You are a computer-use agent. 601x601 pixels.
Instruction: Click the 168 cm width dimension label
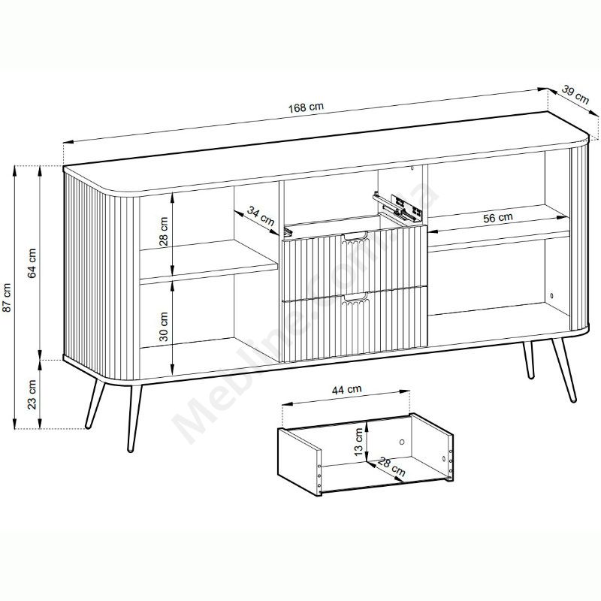tap(306, 107)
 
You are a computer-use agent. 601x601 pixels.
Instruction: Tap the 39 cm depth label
tap(575, 95)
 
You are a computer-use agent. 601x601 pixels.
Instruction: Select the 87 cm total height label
tap(8, 297)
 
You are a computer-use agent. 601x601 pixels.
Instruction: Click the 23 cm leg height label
tap(32, 394)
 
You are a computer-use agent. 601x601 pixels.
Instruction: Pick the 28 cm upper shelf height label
tap(164, 231)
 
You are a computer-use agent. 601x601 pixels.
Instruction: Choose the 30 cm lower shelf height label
tap(164, 326)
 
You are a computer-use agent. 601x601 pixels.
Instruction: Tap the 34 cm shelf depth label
tap(260, 216)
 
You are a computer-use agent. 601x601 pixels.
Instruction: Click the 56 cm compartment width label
tap(497, 218)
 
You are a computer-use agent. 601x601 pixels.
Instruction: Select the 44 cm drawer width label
tap(346, 389)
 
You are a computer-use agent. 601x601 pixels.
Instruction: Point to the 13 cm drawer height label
tap(359, 442)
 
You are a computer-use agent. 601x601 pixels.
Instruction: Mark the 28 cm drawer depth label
tap(391, 467)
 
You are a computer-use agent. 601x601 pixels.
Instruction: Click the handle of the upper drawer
tap(355, 237)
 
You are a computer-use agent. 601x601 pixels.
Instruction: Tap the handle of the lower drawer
tap(355, 297)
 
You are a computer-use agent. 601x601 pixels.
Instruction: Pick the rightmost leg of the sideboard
tap(564, 370)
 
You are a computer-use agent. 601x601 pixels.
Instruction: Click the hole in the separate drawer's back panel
tap(402, 442)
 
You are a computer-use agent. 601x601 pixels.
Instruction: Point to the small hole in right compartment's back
tap(552, 295)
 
